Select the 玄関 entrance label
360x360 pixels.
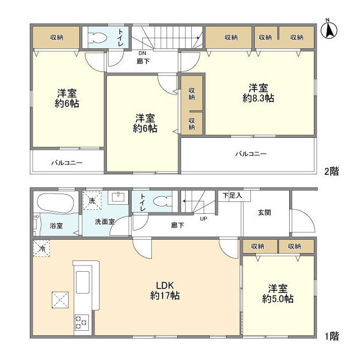click(265, 213)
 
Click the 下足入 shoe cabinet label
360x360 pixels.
click(231, 196)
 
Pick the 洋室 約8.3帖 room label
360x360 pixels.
click(258, 93)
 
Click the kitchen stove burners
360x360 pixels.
click(80, 322)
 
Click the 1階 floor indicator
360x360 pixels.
click(331, 336)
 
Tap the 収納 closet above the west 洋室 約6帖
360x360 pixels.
click(56, 38)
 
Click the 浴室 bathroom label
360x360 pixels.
click(56, 226)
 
